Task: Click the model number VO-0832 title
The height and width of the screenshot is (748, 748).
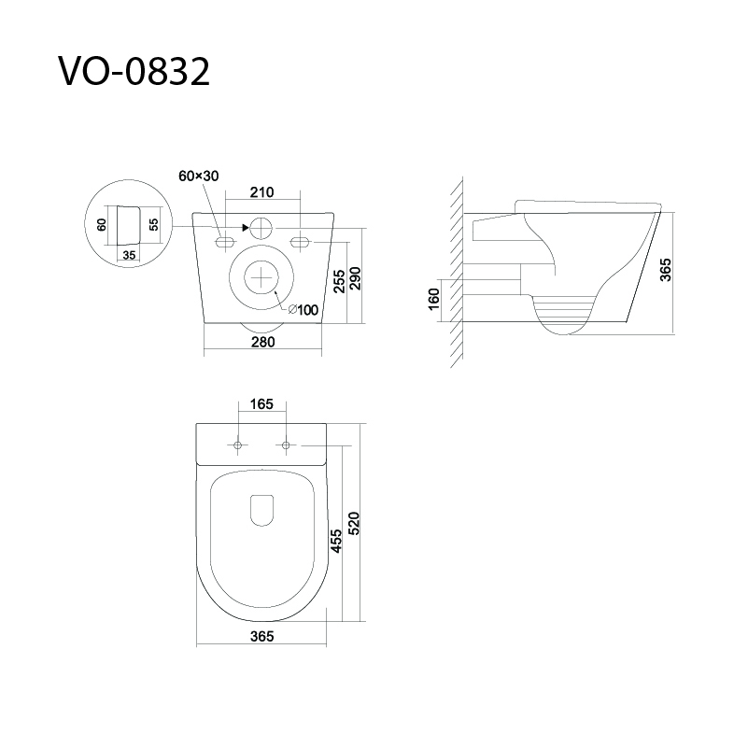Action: (x=134, y=72)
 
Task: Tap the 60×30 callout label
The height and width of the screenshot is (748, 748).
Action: (x=199, y=176)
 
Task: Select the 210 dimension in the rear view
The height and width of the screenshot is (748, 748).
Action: (x=262, y=192)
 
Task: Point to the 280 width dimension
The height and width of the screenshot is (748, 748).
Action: (x=262, y=342)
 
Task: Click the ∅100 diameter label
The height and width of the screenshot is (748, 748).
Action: (x=303, y=310)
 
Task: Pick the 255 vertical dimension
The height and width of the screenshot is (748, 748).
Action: (x=339, y=281)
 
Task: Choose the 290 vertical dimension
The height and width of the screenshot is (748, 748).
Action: (x=356, y=278)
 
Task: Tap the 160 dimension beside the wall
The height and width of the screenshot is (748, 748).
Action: (x=433, y=299)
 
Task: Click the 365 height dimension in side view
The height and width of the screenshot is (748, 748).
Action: (x=666, y=270)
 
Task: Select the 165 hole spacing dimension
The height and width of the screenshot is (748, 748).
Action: (x=261, y=404)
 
